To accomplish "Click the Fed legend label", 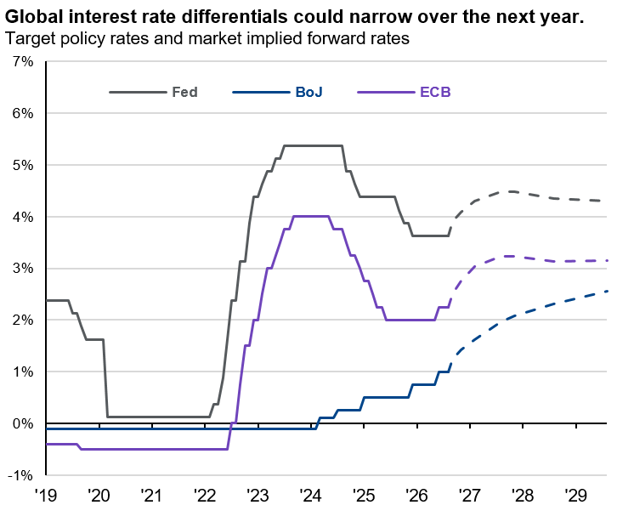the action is pyautogui.click(x=184, y=92).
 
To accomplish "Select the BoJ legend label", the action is pyautogui.click(x=309, y=92).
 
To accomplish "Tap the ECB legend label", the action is pyautogui.click(x=435, y=92).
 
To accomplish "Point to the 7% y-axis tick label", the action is pyautogui.click(x=23, y=62).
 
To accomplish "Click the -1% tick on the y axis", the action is pyautogui.click(x=20, y=475).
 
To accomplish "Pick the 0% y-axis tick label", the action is pyautogui.click(x=23, y=423).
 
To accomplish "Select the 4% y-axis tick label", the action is pyautogui.click(x=23, y=217).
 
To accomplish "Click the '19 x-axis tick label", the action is pyautogui.click(x=46, y=495).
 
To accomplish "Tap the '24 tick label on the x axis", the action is pyautogui.click(x=310, y=495).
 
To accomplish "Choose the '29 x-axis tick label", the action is pyautogui.click(x=575, y=495).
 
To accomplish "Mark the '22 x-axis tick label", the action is pyautogui.click(x=205, y=495).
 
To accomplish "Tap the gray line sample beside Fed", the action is pyautogui.click(x=138, y=93).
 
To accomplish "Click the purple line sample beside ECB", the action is pyautogui.click(x=386, y=93).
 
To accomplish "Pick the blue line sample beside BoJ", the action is pyautogui.click(x=262, y=93).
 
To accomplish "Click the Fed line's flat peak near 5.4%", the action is pyautogui.click(x=314, y=145).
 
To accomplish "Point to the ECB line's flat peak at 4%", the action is pyautogui.click(x=310, y=216).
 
